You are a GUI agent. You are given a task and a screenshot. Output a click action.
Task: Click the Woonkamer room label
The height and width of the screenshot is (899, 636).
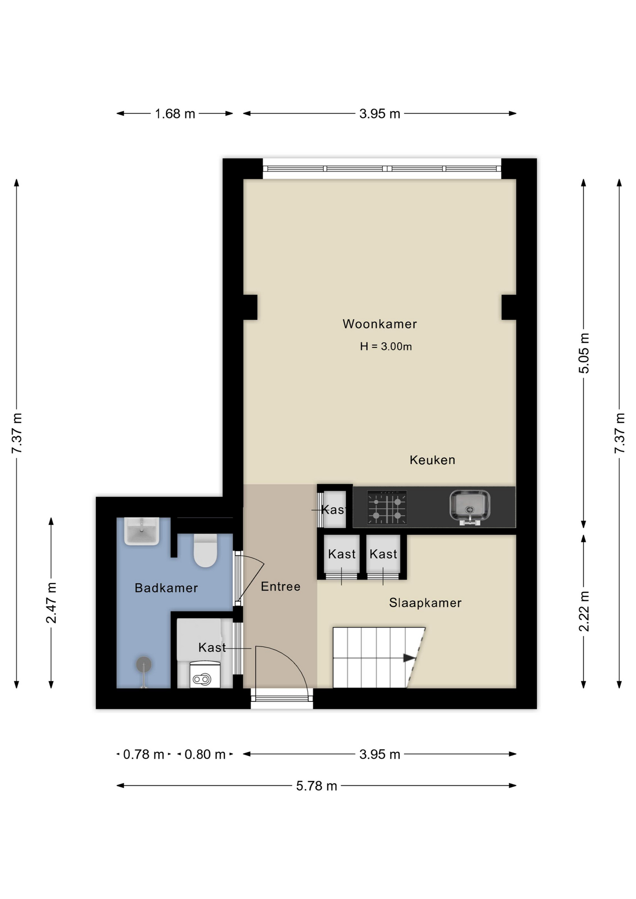[379, 324]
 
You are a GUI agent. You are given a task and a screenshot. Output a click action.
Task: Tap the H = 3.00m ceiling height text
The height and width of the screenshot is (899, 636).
[385, 346]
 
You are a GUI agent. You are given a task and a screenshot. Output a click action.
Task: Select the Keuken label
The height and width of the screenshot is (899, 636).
[432, 460]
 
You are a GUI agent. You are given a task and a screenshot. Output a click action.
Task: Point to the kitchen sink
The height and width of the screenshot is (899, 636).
[470, 506]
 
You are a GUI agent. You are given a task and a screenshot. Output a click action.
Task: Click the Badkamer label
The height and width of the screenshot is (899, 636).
[166, 588]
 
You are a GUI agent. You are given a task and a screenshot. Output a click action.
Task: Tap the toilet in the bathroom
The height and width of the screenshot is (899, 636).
[205, 551]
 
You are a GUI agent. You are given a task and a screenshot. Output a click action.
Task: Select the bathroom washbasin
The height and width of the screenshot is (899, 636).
[141, 531]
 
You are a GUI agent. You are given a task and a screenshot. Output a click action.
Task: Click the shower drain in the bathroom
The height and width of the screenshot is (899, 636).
[144, 664]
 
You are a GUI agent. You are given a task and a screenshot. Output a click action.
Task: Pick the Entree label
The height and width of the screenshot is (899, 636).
[280, 587]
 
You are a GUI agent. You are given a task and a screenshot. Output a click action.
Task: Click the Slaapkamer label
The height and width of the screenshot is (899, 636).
[425, 603]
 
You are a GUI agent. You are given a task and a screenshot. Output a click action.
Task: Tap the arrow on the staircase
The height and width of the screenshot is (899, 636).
[409, 658]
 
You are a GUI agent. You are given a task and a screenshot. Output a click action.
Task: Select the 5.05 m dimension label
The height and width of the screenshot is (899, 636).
[584, 354]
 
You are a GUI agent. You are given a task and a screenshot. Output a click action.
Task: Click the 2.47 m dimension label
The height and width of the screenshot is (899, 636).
[52, 603]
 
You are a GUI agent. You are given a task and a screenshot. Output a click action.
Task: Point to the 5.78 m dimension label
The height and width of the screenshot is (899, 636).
[316, 786]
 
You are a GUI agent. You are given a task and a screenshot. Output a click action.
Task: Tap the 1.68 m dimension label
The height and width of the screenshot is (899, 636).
[175, 114]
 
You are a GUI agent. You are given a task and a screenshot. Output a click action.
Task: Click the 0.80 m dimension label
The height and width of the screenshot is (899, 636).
[205, 755]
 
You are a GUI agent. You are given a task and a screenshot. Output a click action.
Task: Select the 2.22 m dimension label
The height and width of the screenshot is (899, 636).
[584, 611]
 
